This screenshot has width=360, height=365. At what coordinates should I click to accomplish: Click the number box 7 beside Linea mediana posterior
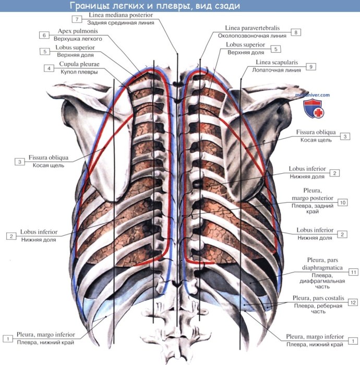(x=77, y=19)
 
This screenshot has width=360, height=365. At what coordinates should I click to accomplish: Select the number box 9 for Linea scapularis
(x=311, y=67)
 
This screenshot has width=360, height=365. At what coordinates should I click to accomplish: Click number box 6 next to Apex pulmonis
(x=44, y=35)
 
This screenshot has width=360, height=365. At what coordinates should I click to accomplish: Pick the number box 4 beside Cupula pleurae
(x=48, y=68)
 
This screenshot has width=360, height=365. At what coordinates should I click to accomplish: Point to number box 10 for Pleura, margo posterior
(x=342, y=202)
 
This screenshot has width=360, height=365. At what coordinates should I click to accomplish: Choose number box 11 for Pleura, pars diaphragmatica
(x=353, y=272)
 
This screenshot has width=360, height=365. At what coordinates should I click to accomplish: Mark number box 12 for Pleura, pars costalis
(x=353, y=302)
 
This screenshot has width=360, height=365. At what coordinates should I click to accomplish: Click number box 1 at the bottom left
(x=7, y=338)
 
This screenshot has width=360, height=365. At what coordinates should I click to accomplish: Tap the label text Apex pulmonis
(x=76, y=31)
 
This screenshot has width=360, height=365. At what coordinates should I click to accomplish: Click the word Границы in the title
(x=90, y=6)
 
